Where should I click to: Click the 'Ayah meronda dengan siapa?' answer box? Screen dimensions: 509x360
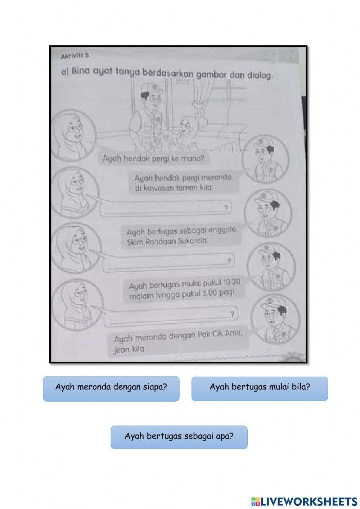111,389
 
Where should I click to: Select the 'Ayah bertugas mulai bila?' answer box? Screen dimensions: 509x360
260,389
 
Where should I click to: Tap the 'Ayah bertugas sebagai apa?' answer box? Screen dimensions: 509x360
179,437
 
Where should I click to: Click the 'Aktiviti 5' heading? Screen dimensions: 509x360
75,56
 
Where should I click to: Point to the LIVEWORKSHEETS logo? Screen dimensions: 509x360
304,501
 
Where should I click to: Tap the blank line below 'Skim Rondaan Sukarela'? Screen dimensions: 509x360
168,262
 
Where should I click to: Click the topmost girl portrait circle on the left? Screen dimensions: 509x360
74,135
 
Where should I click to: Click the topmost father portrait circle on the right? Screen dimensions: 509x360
265,158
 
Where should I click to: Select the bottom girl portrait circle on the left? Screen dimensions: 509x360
76,304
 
